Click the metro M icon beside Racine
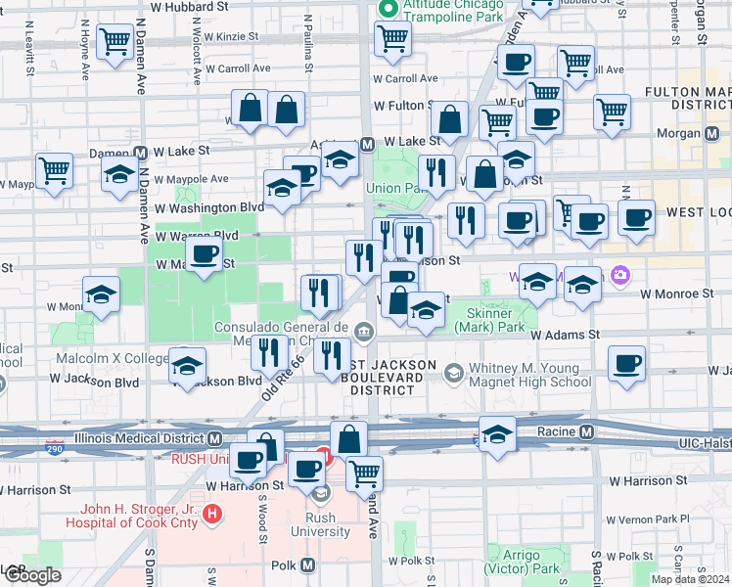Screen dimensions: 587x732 586,431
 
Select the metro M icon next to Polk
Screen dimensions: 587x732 308,565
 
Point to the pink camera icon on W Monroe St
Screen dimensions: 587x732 618,277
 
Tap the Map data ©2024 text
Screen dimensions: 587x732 690,579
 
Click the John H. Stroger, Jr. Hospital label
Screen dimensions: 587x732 140,516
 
